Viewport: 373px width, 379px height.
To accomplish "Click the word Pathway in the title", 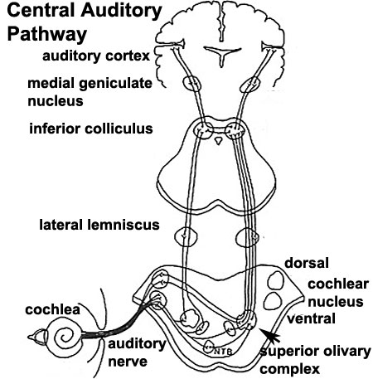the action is (47, 34).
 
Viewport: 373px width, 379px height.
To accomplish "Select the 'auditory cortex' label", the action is (96, 56).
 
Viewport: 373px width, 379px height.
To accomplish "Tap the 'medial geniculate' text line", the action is (90, 84).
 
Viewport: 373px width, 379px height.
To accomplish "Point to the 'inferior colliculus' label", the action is (91, 129).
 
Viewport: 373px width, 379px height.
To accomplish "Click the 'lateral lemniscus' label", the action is (99, 225).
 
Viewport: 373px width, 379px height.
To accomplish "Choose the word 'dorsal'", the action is (307, 263).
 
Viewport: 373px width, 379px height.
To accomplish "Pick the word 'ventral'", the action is (311, 318).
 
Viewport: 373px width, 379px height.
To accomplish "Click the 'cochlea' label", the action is (52, 309).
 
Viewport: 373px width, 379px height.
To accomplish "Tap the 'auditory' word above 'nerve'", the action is (137, 344).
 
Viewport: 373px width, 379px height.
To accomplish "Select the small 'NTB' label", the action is (223, 352).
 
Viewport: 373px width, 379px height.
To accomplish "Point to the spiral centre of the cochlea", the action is (65, 337).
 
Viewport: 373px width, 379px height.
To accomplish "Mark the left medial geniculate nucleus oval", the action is (191, 83).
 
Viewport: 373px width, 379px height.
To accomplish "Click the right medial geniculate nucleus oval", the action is (250, 85).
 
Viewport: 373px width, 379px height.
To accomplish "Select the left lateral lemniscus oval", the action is (186, 236).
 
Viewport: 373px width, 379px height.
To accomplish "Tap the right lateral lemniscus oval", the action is (247, 237).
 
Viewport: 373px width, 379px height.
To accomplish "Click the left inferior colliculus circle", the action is (203, 129).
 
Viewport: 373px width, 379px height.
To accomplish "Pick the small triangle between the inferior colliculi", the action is (219, 141).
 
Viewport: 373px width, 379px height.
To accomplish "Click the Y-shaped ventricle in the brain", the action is (222, 55).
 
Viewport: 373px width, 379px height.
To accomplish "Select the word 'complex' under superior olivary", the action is (289, 370).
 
